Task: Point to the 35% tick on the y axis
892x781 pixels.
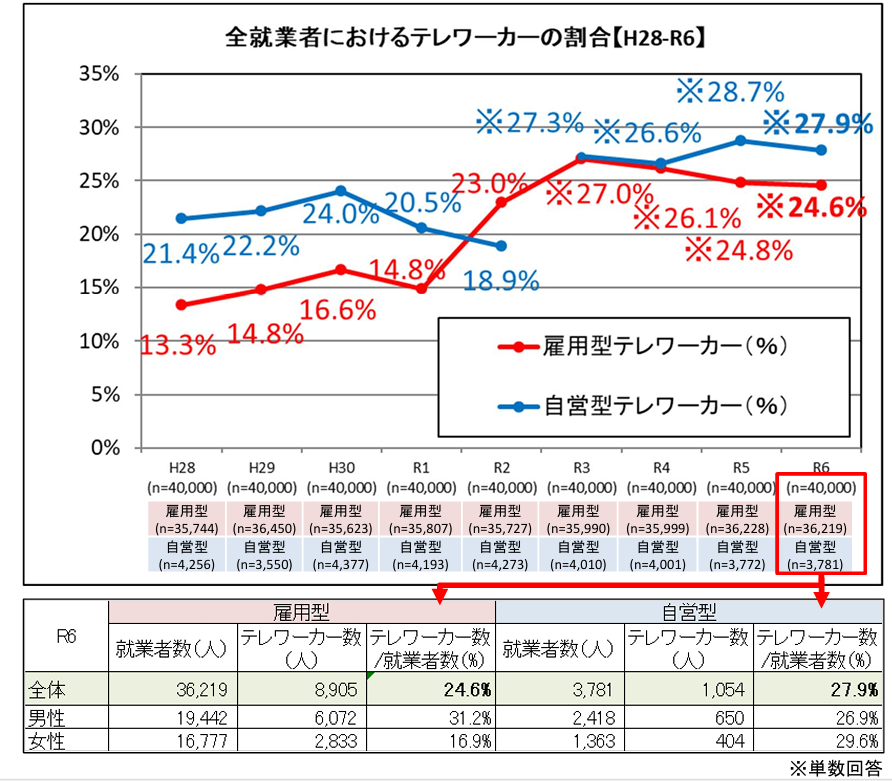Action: pos(98,74)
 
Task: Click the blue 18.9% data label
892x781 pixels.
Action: pos(501,281)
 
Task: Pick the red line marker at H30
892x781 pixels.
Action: pos(340,270)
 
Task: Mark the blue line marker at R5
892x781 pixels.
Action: pos(741,140)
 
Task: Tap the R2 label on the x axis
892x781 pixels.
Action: pos(501,468)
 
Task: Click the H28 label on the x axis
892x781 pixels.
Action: pos(181,468)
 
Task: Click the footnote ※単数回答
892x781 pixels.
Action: pos(835,768)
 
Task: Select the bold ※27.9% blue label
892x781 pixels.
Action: pos(819,123)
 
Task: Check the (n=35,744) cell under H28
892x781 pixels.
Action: pos(182,527)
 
